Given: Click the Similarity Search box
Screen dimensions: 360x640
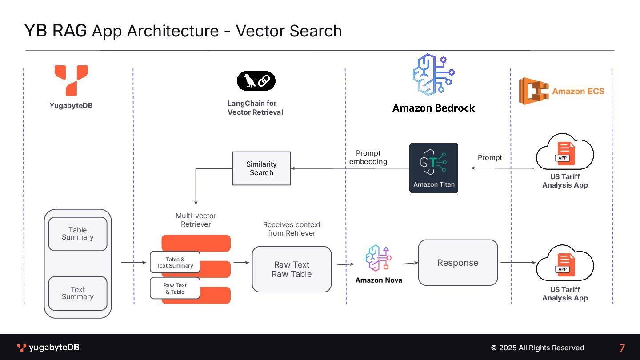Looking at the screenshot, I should tap(261, 168).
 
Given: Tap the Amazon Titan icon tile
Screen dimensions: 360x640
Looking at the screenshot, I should tap(433, 168).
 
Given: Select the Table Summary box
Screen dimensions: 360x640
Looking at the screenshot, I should tap(78, 234).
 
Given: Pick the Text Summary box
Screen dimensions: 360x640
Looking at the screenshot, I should tap(78, 293).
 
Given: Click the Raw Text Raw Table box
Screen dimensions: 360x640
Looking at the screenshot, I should tap(292, 269).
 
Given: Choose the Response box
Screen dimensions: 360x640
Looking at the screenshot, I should tap(458, 263).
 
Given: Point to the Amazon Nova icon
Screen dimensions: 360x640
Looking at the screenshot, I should tap(378, 258).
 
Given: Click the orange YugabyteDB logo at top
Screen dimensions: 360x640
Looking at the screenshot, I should tap(71, 80).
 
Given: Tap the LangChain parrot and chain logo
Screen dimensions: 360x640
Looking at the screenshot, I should tap(256, 81).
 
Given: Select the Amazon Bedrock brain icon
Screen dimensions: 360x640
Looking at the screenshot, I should tap(433, 75).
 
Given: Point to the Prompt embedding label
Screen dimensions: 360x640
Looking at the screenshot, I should tap(368, 157).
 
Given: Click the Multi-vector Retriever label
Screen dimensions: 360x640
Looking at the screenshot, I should tap(196, 220).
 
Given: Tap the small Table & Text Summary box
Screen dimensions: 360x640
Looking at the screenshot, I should tap(175, 263).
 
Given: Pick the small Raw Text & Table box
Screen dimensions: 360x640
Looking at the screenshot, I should tap(175, 288).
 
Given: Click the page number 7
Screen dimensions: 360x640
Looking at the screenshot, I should tap(622, 348).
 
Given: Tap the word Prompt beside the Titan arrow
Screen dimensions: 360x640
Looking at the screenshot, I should tap(490, 158).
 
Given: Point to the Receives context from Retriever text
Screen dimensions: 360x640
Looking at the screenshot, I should tap(292, 229).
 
